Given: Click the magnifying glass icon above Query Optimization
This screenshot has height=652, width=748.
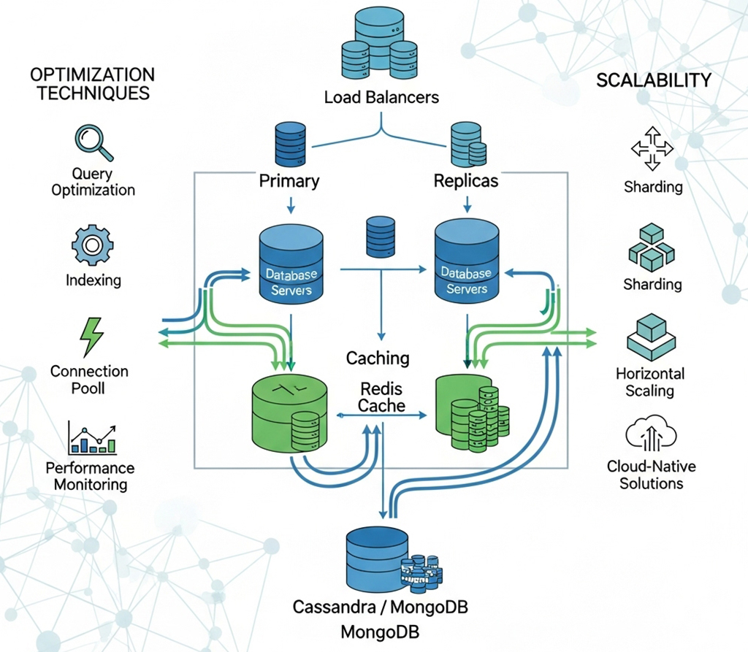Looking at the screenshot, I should click(x=93, y=142).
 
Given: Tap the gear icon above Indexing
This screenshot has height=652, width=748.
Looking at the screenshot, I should click(x=91, y=245).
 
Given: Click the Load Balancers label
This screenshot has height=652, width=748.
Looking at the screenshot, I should click(x=381, y=96).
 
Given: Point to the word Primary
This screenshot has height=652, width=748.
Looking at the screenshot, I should click(x=289, y=180).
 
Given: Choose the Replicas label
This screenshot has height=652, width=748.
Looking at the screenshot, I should click(x=465, y=180).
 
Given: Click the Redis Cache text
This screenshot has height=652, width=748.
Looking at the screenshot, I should click(x=381, y=396).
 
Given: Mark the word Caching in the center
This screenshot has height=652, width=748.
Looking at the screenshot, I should click(x=378, y=358).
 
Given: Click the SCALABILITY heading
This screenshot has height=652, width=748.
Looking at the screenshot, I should click(x=653, y=80).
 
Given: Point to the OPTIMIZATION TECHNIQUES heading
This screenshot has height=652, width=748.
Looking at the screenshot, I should click(x=92, y=83).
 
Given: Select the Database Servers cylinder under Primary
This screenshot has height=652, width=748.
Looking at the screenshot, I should click(x=291, y=264).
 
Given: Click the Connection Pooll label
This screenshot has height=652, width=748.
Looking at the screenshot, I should click(x=89, y=380).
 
